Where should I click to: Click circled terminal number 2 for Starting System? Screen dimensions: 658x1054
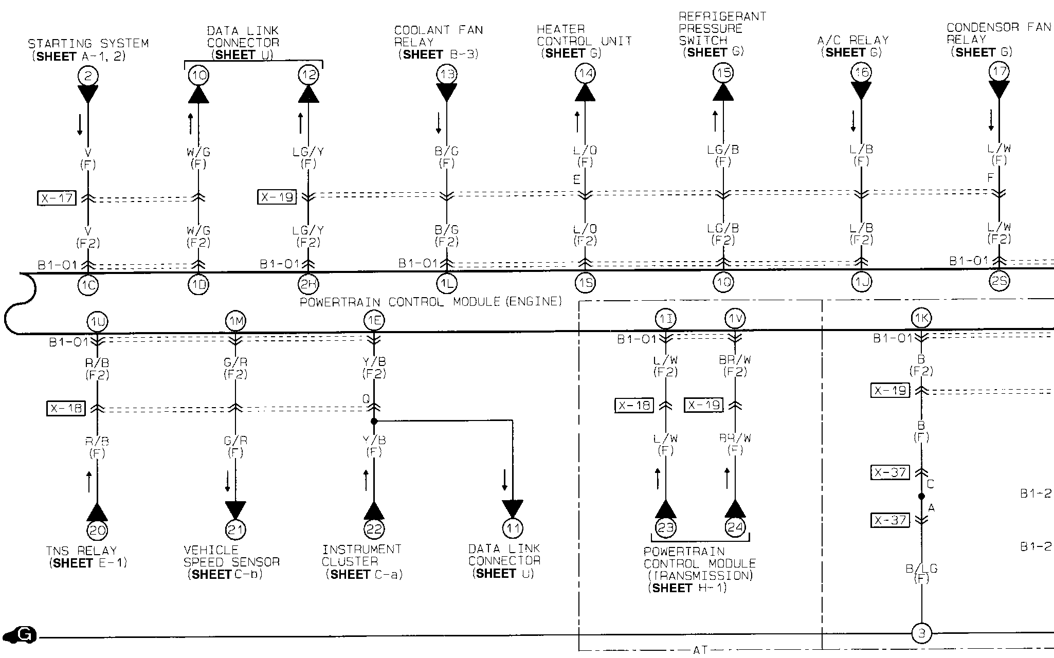pos(88,76)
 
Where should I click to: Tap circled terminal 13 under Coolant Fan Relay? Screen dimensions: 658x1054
pos(446,74)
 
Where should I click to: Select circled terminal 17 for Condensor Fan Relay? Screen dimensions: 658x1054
pos(999,71)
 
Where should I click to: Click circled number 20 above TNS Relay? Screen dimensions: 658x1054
pos(97,529)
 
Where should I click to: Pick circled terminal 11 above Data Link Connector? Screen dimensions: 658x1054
pos(512,528)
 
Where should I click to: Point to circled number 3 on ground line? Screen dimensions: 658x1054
pos(921,633)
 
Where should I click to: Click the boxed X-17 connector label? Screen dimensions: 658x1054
pos(57,198)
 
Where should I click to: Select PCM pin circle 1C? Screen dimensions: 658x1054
pos(88,285)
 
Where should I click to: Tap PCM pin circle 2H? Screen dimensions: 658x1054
pos(308,284)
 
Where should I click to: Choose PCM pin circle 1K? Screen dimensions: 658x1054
pos(921,318)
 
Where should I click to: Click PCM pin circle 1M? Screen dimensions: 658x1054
pos(235,321)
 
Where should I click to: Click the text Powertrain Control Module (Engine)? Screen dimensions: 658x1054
pos(431,302)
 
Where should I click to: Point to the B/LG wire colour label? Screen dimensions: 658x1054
pos(921,569)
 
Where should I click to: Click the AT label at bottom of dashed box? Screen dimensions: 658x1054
pos(700,650)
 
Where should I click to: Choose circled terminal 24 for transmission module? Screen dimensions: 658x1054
pos(735,527)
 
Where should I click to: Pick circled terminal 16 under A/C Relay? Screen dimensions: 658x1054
pos(861,72)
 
